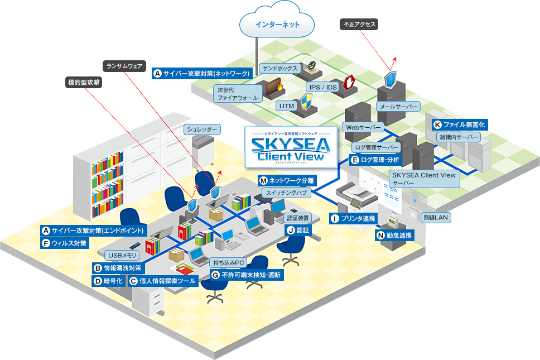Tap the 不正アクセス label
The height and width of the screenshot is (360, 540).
[359, 25]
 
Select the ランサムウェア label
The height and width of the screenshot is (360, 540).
[125, 66]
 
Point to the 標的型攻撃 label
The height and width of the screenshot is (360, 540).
[84, 83]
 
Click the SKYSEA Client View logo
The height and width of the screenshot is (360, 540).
[291, 147]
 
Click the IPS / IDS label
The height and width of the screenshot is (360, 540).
[322, 87]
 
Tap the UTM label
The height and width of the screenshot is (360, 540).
[287, 105]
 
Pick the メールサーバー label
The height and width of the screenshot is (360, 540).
[398, 106]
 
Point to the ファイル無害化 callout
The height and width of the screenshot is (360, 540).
[460, 124]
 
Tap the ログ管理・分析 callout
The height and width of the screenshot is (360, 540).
[375, 160]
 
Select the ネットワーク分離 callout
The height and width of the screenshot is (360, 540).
[287, 180]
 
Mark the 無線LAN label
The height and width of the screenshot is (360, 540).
[436, 217]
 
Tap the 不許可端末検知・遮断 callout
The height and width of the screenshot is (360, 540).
[247, 275]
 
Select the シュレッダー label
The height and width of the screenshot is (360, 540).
[202, 129]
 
